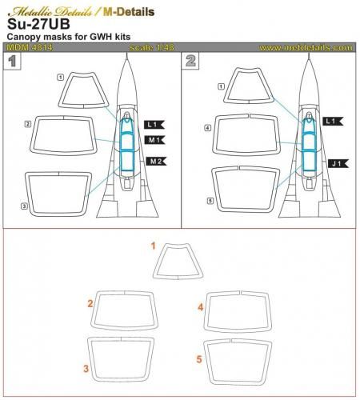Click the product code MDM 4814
tap(26, 48)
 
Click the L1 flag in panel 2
tap(334, 120)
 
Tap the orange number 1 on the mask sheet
tap(154, 247)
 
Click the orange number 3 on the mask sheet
tap(86, 369)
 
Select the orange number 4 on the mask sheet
tap(200, 306)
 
